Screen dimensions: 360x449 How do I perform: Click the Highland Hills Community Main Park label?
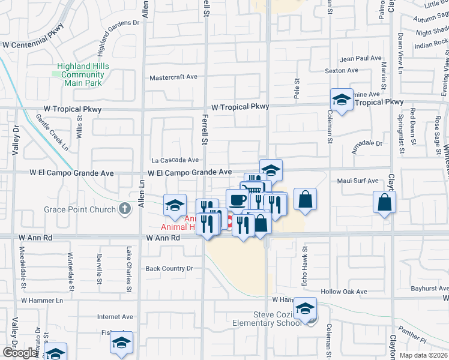[82, 74]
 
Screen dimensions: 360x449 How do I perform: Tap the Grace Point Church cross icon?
[124, 209]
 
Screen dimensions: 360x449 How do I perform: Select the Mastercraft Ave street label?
[173, 77]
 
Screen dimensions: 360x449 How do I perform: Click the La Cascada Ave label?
[175, 160]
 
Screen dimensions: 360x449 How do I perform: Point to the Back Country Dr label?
[169, 269]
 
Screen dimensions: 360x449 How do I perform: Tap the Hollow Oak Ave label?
[343, 292]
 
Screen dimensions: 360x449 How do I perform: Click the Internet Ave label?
[115, 316]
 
